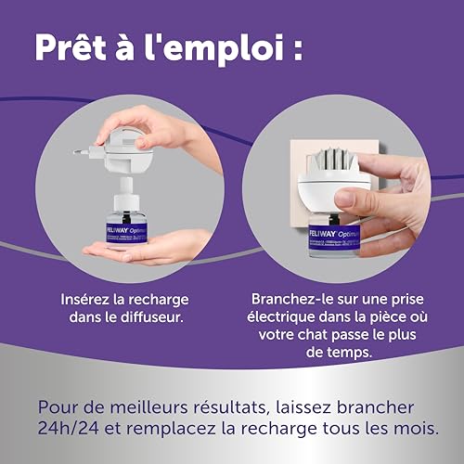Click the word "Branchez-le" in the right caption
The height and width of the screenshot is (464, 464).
(290, 302)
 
